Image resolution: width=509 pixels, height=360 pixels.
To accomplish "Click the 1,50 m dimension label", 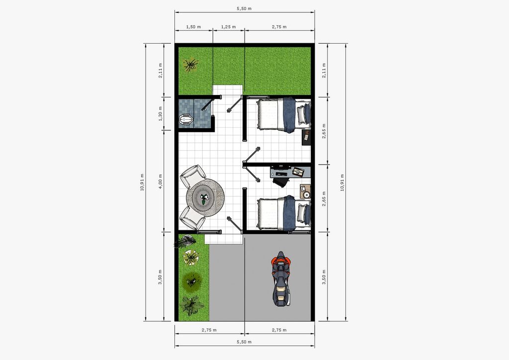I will [193, 27].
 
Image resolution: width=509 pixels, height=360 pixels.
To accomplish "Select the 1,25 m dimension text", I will [229, 27].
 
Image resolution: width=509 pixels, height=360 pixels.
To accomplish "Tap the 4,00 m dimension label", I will [161, 180].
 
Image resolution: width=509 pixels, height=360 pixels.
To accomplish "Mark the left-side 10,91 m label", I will [142, 182].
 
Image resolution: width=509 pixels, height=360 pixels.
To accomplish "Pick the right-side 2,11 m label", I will [324, 70].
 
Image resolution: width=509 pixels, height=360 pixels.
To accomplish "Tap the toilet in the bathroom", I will [186, 119].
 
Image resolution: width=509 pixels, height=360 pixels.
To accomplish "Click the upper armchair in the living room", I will [193, 176].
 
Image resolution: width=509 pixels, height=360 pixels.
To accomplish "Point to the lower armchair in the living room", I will [192, 217].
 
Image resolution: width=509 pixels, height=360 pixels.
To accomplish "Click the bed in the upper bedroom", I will [282, 115].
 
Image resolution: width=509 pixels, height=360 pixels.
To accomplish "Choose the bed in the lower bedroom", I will [282, 213].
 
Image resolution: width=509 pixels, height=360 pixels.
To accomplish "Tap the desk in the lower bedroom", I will [291, 172].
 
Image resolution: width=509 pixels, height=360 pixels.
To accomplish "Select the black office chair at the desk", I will [280, 181].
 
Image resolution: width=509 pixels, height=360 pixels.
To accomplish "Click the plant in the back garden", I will [190, 65].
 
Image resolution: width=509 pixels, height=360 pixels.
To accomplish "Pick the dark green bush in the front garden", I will [191, 281].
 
